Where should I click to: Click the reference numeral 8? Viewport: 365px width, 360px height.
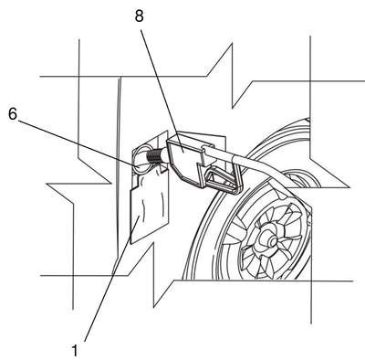coord(139,16)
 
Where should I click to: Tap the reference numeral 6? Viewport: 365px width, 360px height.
coord(13,114)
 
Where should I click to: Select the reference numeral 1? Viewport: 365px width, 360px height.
coord(75,350)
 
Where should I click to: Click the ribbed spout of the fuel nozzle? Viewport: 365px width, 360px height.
coord(153,156)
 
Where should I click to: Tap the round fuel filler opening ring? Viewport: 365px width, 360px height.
coord(141,160)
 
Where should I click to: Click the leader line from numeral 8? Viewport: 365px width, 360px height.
coord(161,85)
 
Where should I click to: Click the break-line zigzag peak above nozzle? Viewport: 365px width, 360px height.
coord(232,44)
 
